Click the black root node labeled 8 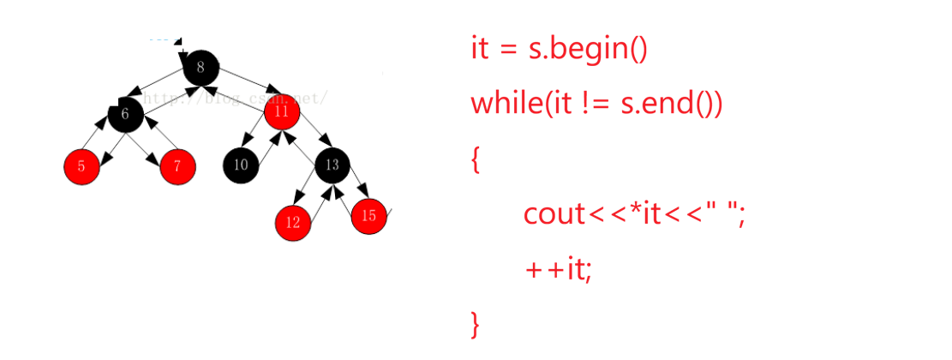click(201, 67)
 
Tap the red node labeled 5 click(81, 166)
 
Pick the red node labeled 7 click(177, 166)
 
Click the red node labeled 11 click(281, 111)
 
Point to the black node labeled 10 click(241, 165)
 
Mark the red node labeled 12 click(293, 222)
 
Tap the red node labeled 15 click(369, 216)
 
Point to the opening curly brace click(476, 160)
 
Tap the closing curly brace click(476, 324)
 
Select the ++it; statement click(559, 270)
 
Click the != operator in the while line click(596, 104)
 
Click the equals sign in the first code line click(508, 50)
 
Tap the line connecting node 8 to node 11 click(242, 78)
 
